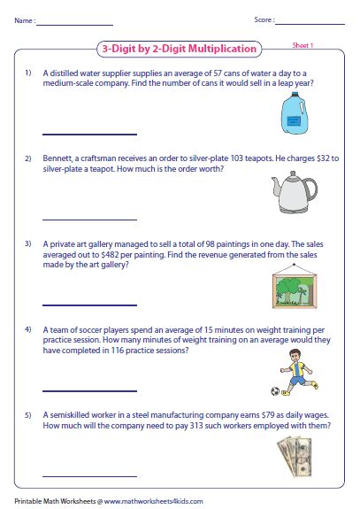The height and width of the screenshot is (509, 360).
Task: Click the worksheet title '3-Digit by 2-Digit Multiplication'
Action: click(181, 49)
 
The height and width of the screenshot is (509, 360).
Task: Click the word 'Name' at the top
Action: click(24, 18)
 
